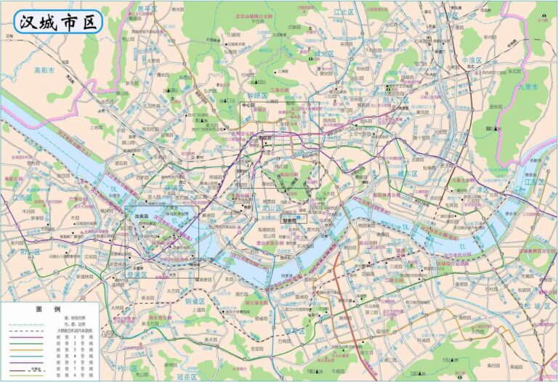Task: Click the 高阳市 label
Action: coord(44,71)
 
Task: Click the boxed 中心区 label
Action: coord(248,105)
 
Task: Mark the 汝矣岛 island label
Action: coord(138,216)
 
